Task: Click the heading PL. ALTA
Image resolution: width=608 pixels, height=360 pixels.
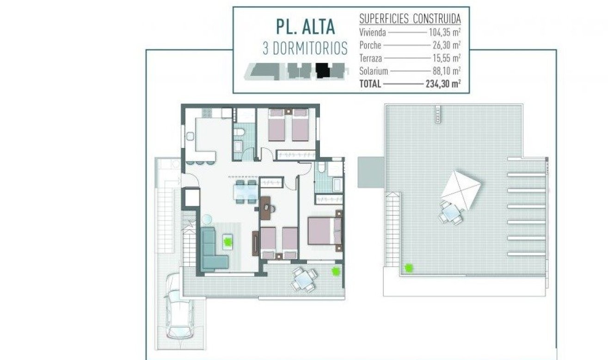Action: click(x=305, y=27)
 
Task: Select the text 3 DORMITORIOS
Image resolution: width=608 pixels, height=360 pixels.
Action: click(x=305, y=48)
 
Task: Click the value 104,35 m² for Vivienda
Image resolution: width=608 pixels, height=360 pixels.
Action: click(x=444, y=33)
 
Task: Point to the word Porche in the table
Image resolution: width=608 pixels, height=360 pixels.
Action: click(x=370, y=45)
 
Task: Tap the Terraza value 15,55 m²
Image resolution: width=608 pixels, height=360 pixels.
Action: click(x=444, y=58)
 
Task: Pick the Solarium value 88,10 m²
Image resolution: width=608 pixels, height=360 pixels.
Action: click(x=444, y=71)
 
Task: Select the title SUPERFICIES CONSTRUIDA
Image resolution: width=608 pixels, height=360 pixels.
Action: click(x=410, y=19)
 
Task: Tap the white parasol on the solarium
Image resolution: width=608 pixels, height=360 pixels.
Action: click(x=461, y=189)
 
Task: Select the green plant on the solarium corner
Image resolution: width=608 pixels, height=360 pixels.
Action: click(x=409, y=267)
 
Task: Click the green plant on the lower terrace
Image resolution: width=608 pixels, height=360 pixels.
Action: click(x=335, y=272)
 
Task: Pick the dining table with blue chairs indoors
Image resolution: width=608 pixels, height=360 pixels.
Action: click(x=245, y=192)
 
